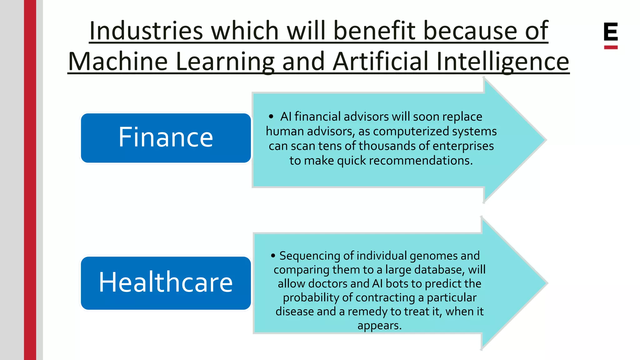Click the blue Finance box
(x=166, y=138)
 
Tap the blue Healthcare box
(x=166, y=283)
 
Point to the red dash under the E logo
(x=611, y=47)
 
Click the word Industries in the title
(x=146, y=31)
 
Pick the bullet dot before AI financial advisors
(x=271, y=117)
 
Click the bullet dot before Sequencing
(x=273, y=256)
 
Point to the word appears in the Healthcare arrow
(x=379, y=326)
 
